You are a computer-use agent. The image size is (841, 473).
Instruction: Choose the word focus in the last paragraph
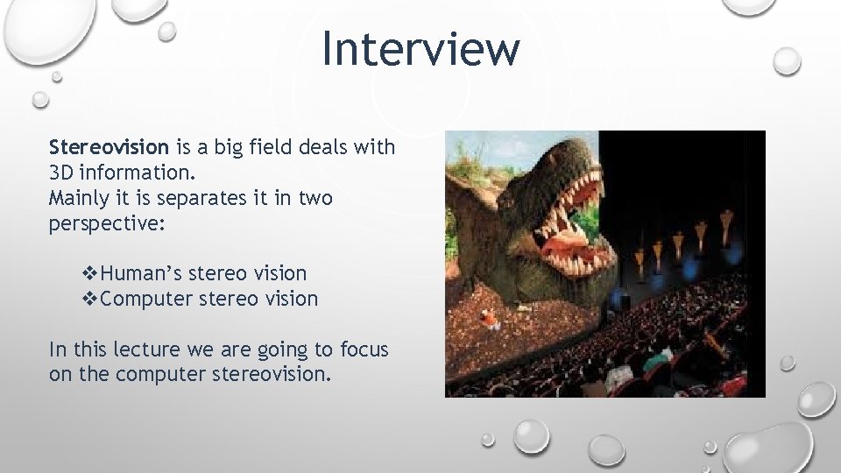[363, 350]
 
